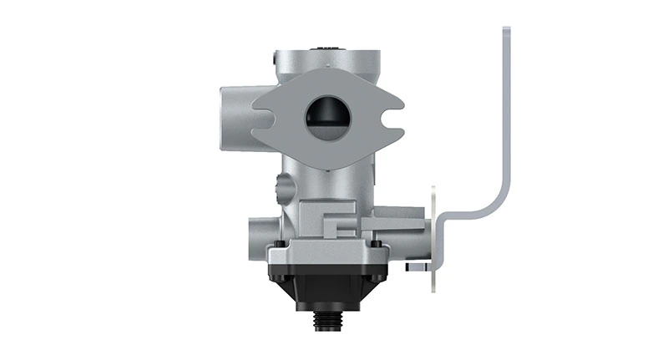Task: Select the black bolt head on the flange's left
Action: (x=279, y=244)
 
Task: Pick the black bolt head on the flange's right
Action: (x=376, y=244)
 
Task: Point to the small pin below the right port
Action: (x=415, y=267)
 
